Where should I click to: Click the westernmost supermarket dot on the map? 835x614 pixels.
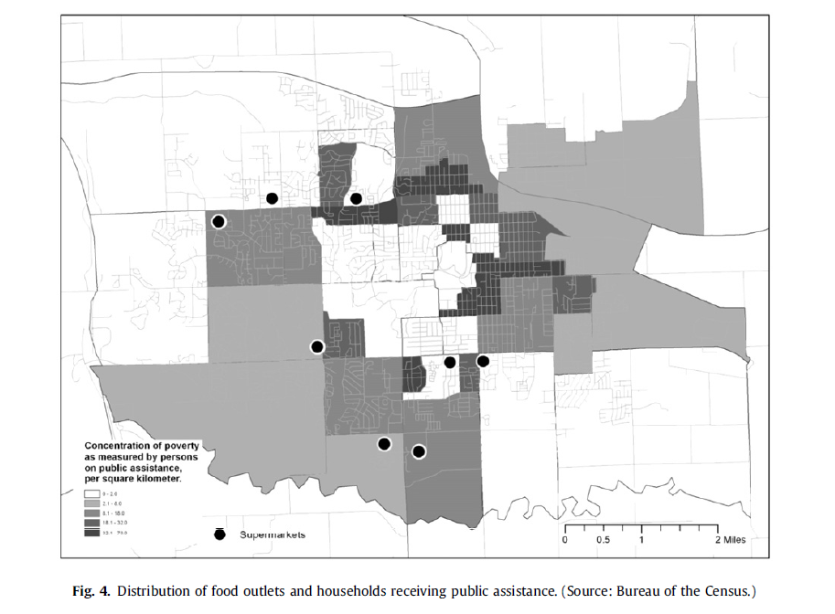(x=219, y=221)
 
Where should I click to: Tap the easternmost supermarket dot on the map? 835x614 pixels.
(x=483, y=362)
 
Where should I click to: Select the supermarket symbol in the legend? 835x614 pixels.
(x=219, y=535)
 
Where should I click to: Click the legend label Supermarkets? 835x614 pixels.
(x=273, y=535)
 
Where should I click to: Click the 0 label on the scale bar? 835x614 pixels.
(x=564, y=540)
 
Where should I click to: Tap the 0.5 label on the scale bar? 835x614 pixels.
(x=603, y=540)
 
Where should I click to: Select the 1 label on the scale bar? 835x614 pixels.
(x=641, y=540)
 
